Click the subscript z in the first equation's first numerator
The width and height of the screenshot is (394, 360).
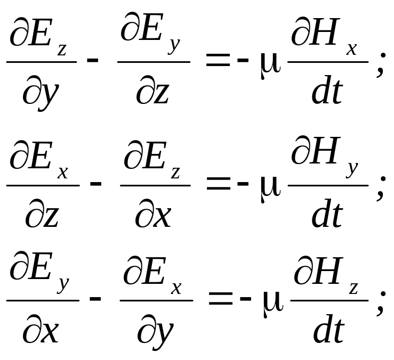[x=62, y=50]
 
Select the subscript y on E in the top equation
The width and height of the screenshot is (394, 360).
[x=174, y=45]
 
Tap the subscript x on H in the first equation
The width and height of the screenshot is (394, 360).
[x=351, y=49]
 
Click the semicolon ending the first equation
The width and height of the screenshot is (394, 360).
[x=381, y=64]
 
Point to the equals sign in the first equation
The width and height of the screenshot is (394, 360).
[x=218, y=60]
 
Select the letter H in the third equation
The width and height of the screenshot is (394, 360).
[x=326, y=271]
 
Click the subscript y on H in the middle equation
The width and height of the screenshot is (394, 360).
[x=352, y=169]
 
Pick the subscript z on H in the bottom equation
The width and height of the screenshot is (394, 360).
[x=353, y=289]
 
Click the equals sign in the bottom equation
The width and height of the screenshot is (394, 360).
[x=220, y=299]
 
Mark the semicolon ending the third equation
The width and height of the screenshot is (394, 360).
[x=381, y=303]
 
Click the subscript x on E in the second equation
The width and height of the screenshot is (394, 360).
[x=62, y=173]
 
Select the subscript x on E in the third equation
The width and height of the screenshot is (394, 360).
[x=176, y=289]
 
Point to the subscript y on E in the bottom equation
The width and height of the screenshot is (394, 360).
[x=63, y=284]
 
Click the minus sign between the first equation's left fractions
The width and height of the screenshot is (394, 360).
[x=92, y=60]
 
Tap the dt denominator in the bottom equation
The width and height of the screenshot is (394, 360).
[x=328, y=329]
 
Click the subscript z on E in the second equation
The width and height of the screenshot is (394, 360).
[x=175, y=173]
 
